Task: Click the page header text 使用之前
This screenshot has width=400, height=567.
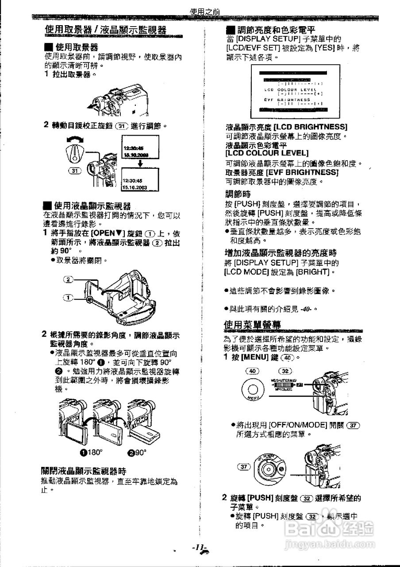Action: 204,12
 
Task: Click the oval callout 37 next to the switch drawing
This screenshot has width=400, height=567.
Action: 244,466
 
